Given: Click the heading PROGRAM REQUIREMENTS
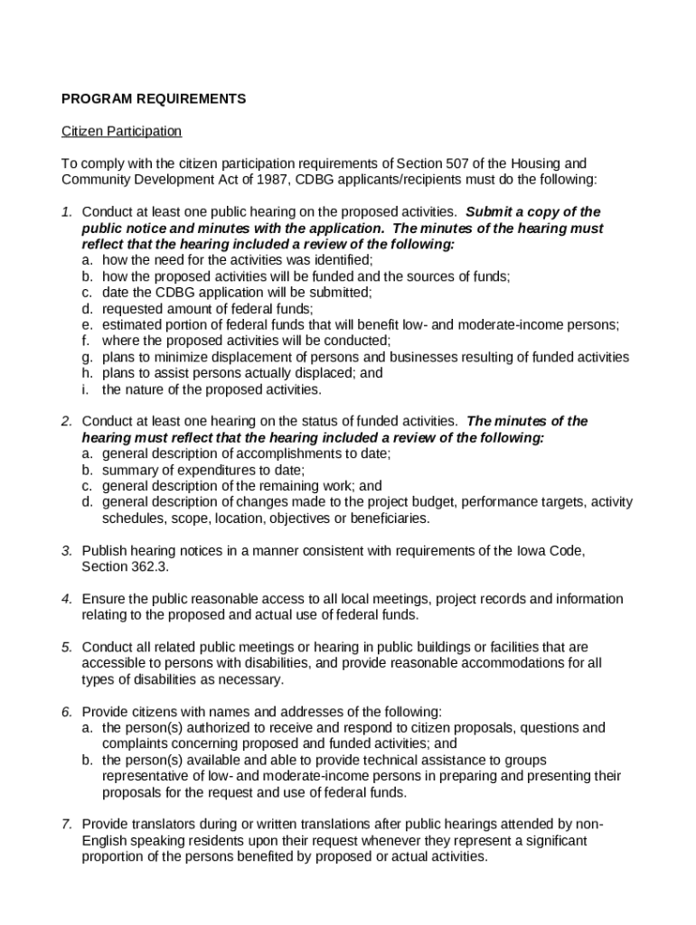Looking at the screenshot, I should click(153, 99).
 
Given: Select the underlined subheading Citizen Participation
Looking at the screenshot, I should click(121, 132).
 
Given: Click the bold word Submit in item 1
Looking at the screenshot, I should click(488, 212).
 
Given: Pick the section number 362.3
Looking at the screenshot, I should click(150, 566).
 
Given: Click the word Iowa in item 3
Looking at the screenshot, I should click(524, 550).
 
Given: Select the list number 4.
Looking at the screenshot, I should click(66, 599).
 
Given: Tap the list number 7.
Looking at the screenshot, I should click(66, 824).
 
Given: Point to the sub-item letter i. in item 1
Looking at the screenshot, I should click(86, 389).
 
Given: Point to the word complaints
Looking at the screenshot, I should click(136, 743).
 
